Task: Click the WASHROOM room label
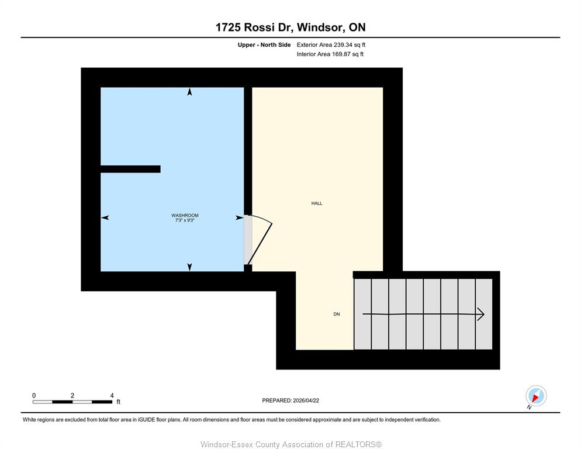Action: point(185,215)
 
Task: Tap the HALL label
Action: point(317,203)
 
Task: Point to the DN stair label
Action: point(337,314)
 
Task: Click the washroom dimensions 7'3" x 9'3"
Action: point(185,220)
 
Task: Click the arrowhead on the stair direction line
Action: point(480,315)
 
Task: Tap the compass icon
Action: point(536,396)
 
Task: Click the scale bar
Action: point(72,402)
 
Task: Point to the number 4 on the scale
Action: point(112,396)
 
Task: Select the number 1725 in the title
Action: point(228,27)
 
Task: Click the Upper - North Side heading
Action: point(264,45)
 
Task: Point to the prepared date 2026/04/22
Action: point(306,400)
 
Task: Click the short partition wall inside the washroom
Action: point(130,169)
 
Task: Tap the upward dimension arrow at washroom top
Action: point(190,92)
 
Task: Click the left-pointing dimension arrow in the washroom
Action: point(105,217)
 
